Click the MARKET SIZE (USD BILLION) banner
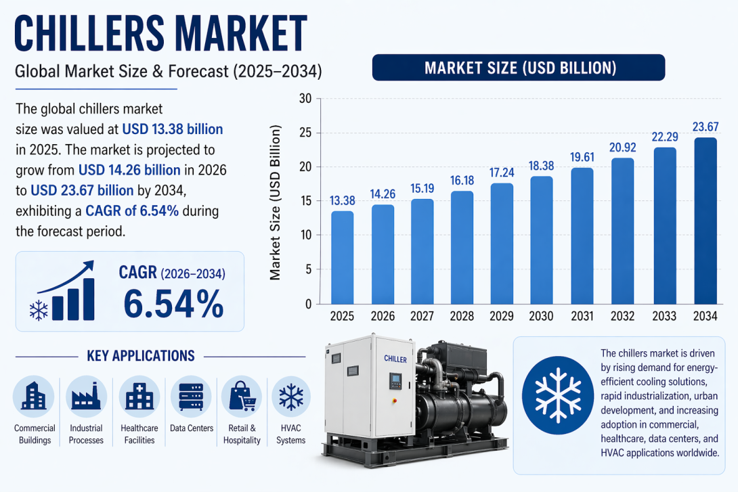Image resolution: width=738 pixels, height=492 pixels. point(519,68)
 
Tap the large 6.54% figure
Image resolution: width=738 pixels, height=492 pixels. point(173,304)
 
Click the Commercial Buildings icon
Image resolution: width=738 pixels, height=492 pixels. point(33,397)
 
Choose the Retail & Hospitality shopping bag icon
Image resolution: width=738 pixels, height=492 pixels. point(242,397)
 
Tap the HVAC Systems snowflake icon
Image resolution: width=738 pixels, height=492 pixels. point(290,397)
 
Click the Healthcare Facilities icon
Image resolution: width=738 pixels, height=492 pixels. point(139,397)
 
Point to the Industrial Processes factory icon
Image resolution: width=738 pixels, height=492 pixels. point(86,397)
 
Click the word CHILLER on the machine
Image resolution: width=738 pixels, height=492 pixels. point(395,359)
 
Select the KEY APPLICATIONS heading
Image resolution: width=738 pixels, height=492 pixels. point(141,356)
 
